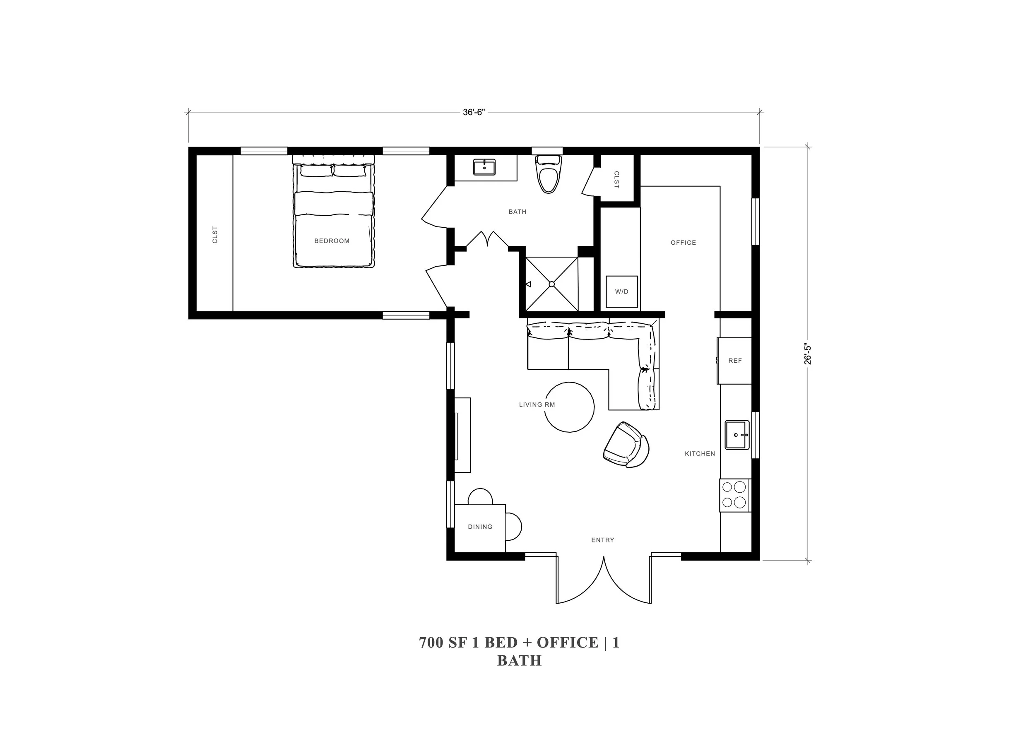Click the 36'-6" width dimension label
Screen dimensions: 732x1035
point(473,112)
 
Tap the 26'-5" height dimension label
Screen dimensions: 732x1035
point(808,354)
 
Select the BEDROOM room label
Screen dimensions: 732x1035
point(332,241)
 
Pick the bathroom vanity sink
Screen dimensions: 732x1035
point(484,167)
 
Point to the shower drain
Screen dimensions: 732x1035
point(551,284)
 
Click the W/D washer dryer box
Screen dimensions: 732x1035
point(622,291)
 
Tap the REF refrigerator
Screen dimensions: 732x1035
point(735,361)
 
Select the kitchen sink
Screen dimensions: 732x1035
point(737,435)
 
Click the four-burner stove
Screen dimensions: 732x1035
point(735,494)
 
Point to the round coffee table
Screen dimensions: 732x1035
point(569,407)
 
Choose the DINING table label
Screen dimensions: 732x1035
point(480,527)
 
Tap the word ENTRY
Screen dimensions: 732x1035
point(603,540)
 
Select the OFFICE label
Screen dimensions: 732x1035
point(684,243)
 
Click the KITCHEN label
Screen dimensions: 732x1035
point(700,454)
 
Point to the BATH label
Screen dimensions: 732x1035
point(517,212)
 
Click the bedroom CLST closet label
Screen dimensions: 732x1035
point(215,235)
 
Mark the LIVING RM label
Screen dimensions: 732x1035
point(537,405)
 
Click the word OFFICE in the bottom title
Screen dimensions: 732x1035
point(568,642)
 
